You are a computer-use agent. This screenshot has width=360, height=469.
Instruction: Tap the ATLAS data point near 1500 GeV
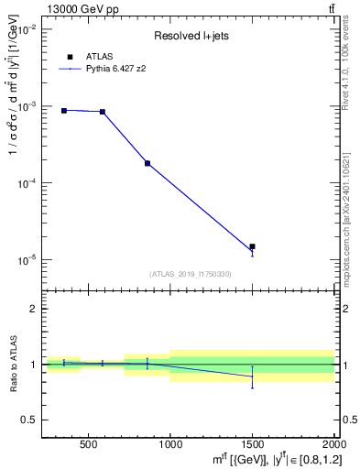(252, 246)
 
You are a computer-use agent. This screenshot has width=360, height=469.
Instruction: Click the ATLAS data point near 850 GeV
(147, 163)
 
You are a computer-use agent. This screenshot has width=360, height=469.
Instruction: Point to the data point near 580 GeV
(102, 112)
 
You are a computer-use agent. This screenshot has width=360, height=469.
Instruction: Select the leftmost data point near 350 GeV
(64, 111)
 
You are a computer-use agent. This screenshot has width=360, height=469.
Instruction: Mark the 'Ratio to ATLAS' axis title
(12, 365)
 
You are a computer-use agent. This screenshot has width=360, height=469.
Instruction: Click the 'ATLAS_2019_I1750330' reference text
(191, 274)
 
